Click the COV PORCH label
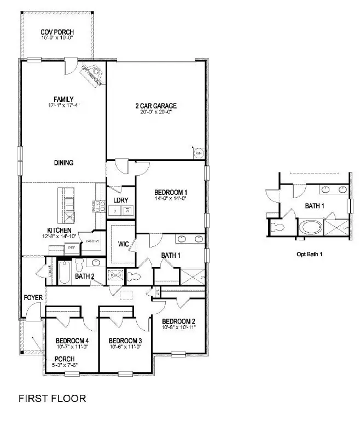pos(57,32)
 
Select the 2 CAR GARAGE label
pos(156,106)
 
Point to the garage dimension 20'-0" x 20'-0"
pos(156,112)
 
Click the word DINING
pos(63,163)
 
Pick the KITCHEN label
pos(60,230)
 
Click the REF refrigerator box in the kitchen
pos(71,248)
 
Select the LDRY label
pos(121,200)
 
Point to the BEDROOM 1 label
pos(171,192)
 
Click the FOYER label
pos(33,298)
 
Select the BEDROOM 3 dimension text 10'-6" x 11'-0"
pos(125,347)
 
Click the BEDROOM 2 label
pos(179,321)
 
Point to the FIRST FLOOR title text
pos(53,398)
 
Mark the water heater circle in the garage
pos(199,153)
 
